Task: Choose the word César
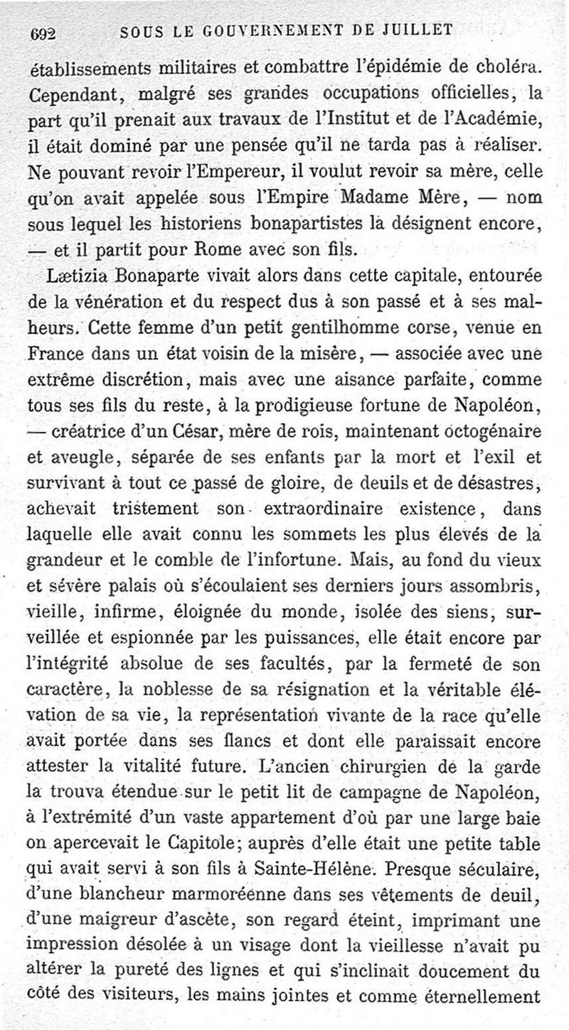[208, 428]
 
